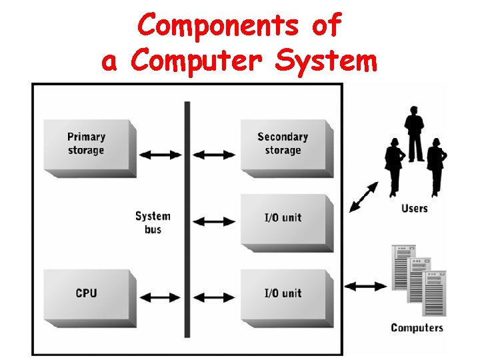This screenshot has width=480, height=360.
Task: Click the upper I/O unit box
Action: click(283, 217)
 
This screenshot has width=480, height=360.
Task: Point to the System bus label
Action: click(153, 223)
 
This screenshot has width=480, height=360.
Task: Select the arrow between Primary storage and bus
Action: click(161, 155)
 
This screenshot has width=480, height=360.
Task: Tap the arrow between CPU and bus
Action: click(161, 296)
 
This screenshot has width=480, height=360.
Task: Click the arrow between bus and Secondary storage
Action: click(213, 155)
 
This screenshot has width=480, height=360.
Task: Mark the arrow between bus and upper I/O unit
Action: click(213, 221)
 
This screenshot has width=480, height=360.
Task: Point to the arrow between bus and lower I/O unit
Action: click(213, 296)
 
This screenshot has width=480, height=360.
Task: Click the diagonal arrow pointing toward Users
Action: click(363, 197)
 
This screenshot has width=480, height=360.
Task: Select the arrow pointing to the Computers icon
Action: click(366, 286)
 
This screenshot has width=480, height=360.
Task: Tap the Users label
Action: click(415, 209)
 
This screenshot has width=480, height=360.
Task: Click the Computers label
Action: click(417, 327)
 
